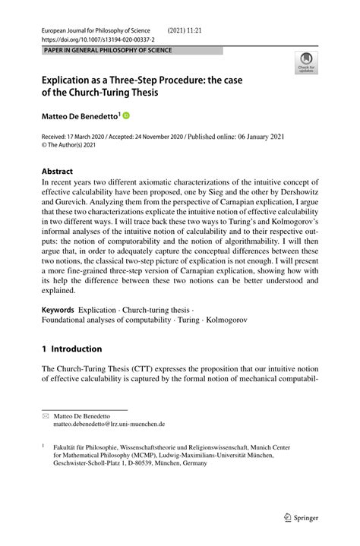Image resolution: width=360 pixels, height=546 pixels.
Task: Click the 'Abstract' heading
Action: pyautogui.click(x=57, y=172)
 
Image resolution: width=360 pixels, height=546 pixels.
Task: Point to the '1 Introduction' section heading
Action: pyautogui.click(x=71, y=349)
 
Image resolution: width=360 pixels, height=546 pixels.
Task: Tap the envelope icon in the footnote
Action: pyautogui.click(x=45, y=415)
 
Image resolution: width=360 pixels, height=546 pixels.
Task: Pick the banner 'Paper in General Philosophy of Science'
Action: pyautogui.click(x=107, y=50)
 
